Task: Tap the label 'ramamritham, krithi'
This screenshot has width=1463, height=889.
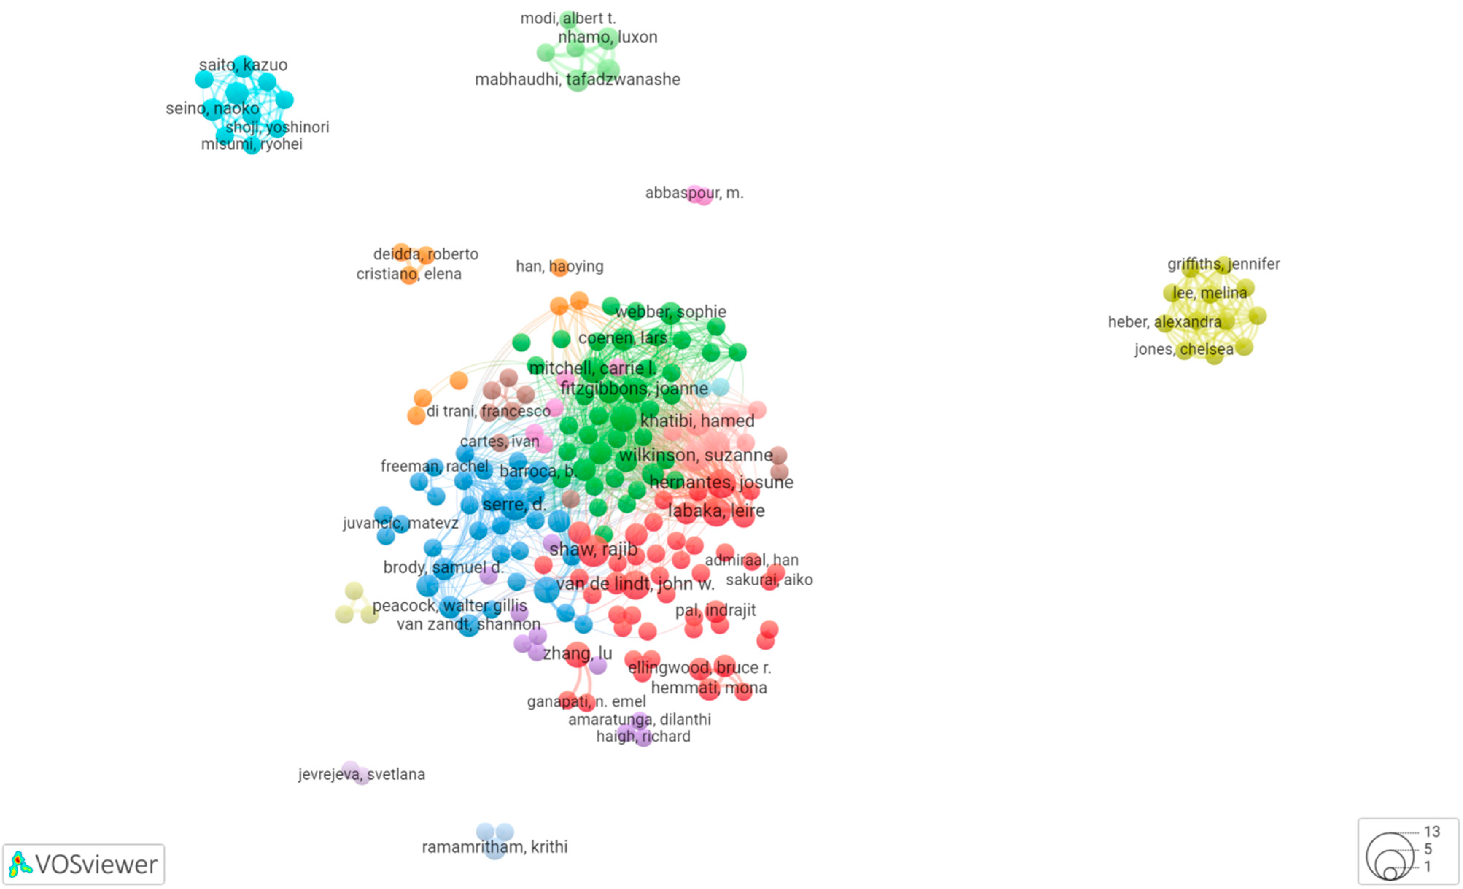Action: pyautogui.click(x=494, y=846)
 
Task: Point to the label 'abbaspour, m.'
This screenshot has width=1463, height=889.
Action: pyautogui.click(x=694, y=193)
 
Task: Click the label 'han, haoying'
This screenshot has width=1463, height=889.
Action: pyautogui.click(x=559, y=267)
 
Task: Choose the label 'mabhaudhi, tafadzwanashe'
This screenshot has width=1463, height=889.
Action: pyautogui.click(x=577, y=80)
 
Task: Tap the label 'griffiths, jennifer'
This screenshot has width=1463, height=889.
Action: pyautogui.click(x=1223, y=264)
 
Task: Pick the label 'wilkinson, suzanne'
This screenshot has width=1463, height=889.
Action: pyautogui.click(x=695, y=456)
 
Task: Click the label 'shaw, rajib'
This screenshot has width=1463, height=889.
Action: pyautogui.click(x=593, y=549)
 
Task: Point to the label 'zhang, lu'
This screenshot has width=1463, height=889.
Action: pyautogui.click(x=577, y=653)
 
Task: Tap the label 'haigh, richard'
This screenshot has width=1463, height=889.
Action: pyautogui.click(x=643, y=737)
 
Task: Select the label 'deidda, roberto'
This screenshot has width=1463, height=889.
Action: pyautogui.click(x=425, y=254)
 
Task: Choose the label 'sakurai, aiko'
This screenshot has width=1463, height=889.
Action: pyautogui.click(x=769, y=580)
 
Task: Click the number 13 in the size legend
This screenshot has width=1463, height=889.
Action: pyautogui.click(x=1432, y=831)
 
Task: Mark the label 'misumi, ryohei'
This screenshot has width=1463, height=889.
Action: pyautogui.click(x=251, y=144)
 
